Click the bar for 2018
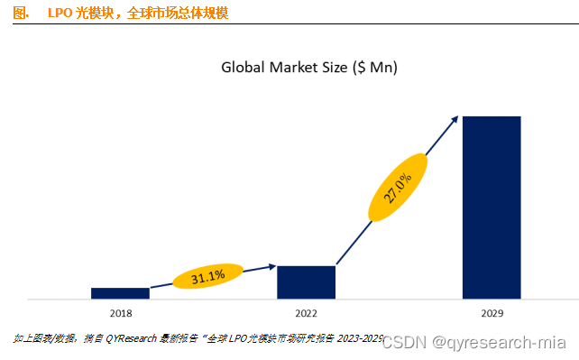click(120, 292)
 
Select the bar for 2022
click(306, 282)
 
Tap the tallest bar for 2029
click(492, 207)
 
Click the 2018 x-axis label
click(120, 313)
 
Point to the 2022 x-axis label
click(306, 313)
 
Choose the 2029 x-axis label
click(492, 313)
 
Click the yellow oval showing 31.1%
click(208, 276)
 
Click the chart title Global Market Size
click(309, 68)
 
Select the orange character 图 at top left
click(19, 12)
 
